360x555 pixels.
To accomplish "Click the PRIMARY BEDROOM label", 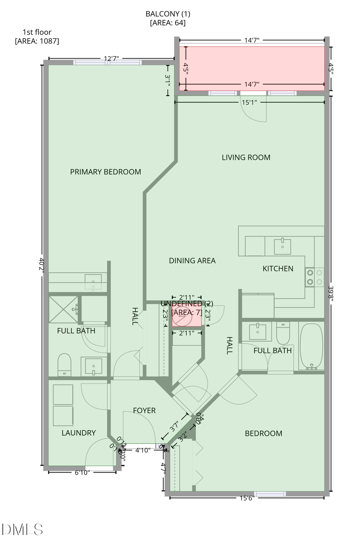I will [106, 172].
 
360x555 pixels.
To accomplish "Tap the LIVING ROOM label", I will [246, 158].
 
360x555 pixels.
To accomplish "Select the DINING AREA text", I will [192, 261].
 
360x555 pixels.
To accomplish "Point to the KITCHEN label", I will [278, 269].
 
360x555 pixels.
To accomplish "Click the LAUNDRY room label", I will [78, 433].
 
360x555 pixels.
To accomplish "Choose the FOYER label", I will [144, 411].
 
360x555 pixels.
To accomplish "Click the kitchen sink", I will [282, 246].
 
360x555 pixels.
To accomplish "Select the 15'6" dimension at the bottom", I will [247, 498].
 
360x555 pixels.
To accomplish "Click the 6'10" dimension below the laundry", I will [82, 473].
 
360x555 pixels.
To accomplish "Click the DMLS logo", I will [22, 529].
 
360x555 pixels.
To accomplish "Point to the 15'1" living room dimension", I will [249, 102].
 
